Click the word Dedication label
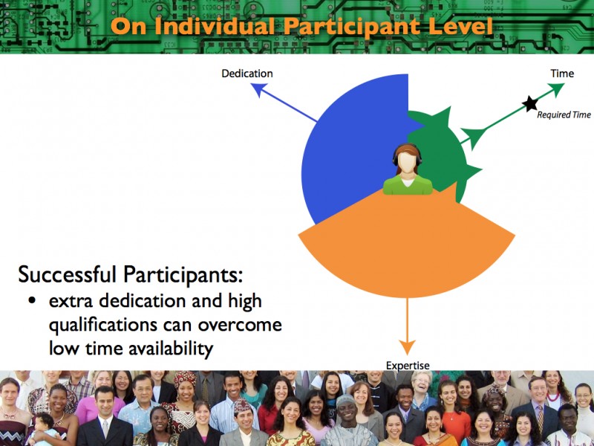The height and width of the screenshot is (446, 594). (x=247, y=74)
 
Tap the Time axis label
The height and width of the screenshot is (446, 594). (x=562, y=74)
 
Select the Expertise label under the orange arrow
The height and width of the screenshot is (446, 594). (x=408, y=366)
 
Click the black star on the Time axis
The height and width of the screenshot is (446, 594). (x=530, y=103)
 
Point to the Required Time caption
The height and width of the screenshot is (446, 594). (x=564, y=114)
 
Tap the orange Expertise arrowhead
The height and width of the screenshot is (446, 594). (x=407, y=347)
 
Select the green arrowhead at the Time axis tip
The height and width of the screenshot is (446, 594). (x=556, y=89)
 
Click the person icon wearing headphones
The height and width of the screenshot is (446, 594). (x=407, y=169)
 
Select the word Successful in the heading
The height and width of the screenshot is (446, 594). (x=67, y=274)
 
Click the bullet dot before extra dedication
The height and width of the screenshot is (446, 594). (x=32, y=301)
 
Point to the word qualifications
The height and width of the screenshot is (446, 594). (x=103, y=325)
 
